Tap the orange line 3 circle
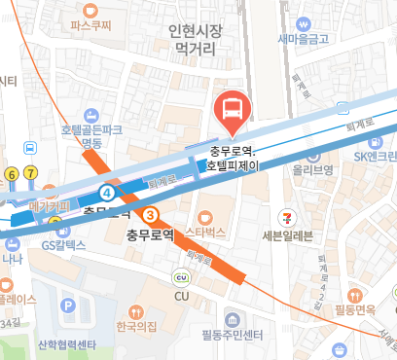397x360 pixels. pyautogui.click(x=150, y=214)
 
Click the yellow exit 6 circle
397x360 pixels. pyautogui.click(x=12, y=173)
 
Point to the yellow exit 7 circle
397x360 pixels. pyautogui.click(x=31, y=173)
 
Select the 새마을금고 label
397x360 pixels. pyautogui.click(x=304, y=40)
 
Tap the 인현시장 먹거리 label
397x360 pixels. pyautogui.click(x=196, y=39)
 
